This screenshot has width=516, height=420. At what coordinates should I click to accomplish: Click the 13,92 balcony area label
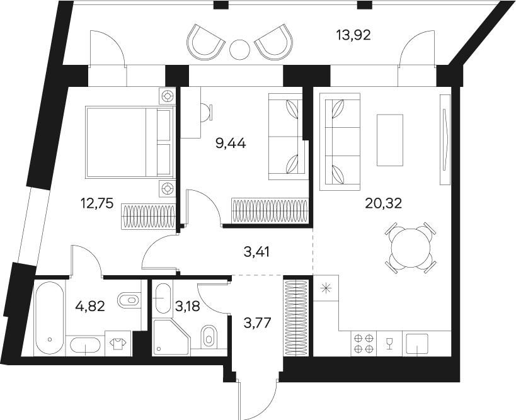coord(353,35)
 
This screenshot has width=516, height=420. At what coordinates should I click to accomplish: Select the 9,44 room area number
coord(230,143)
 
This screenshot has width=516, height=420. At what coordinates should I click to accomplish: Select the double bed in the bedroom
coord(129,142)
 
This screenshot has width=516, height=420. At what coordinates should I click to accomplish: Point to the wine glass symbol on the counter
coord(389,343)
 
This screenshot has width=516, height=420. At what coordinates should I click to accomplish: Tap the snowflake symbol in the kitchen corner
coord(326,289)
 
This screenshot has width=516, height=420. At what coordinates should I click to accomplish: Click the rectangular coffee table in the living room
coord(389,139)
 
